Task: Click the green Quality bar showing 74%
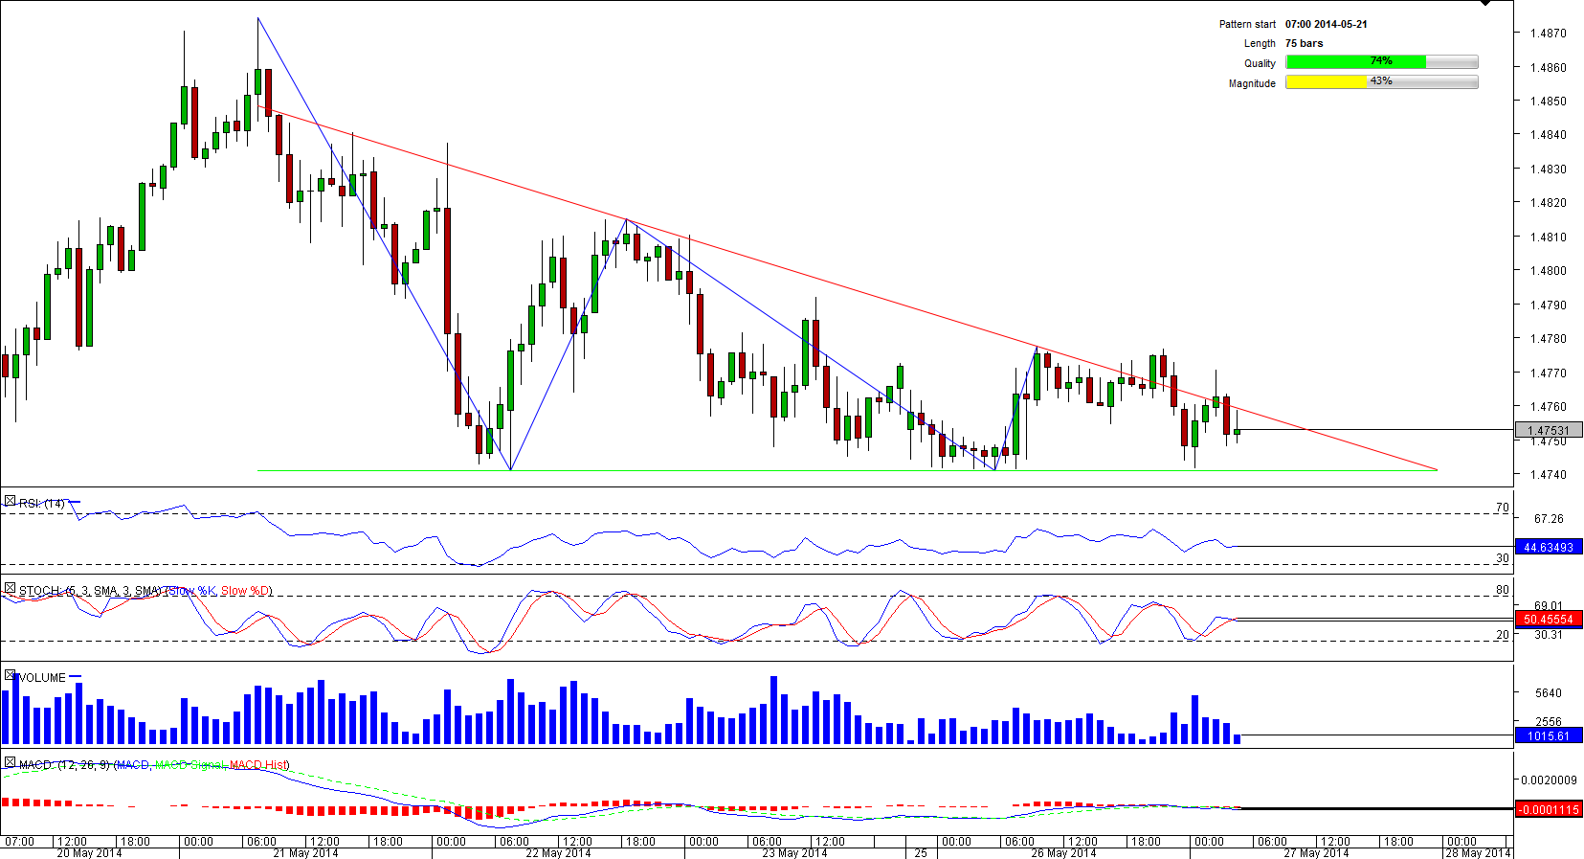tap(1355, 62)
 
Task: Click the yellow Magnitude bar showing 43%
tap(1327, 82)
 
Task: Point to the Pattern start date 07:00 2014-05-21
tap(1326, 24)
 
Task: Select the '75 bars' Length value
tap(1304, 43)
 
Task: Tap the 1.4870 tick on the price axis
tap(1548, 34)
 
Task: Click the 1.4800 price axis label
tap(1548, 271)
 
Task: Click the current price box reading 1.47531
tap(1549, 431)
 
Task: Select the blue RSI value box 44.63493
tap(1549, 548)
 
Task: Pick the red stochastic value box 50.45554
tap(1549, 620)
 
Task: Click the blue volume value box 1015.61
tap(1549, 735)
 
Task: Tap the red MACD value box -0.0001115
tap(1549, 810)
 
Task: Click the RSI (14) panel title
tap(42, 504)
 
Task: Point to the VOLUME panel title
tap(42, 678)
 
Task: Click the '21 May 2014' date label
tap(305, 853)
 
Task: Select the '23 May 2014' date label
tap(794, 853)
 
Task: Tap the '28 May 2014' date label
tap(1477, 853)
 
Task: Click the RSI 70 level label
tap(1502, 509)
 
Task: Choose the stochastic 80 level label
tap(1502, 591)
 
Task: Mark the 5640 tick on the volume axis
tap(1548, 693)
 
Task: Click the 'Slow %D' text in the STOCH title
tap(246, 591)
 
